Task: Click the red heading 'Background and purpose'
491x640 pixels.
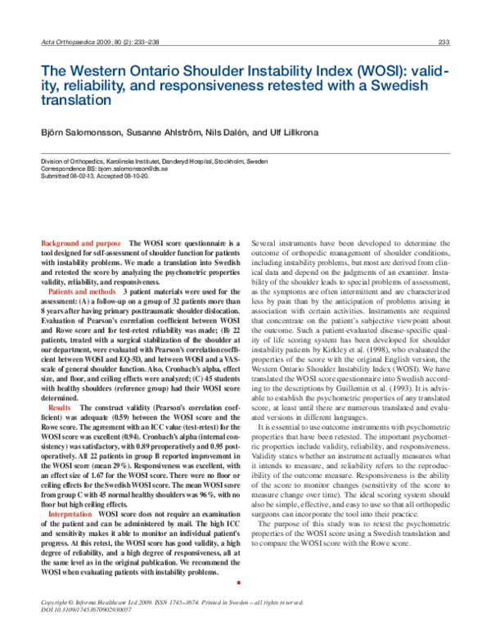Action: point(83,244)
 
